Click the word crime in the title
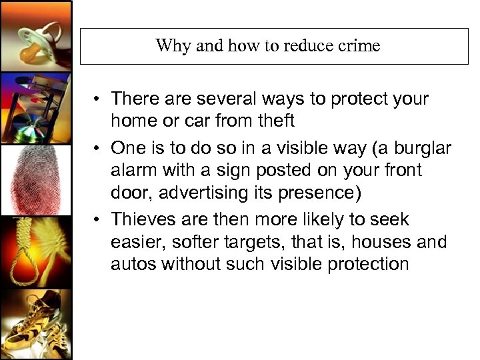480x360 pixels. pos(358,46)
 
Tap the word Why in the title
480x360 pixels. pos(170,46)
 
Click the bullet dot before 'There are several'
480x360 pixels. pos(97,100)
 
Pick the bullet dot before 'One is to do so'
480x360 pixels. pos(97,148)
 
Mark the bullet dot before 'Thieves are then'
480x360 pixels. pos(97,220)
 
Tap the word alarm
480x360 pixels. pos(135,171)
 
